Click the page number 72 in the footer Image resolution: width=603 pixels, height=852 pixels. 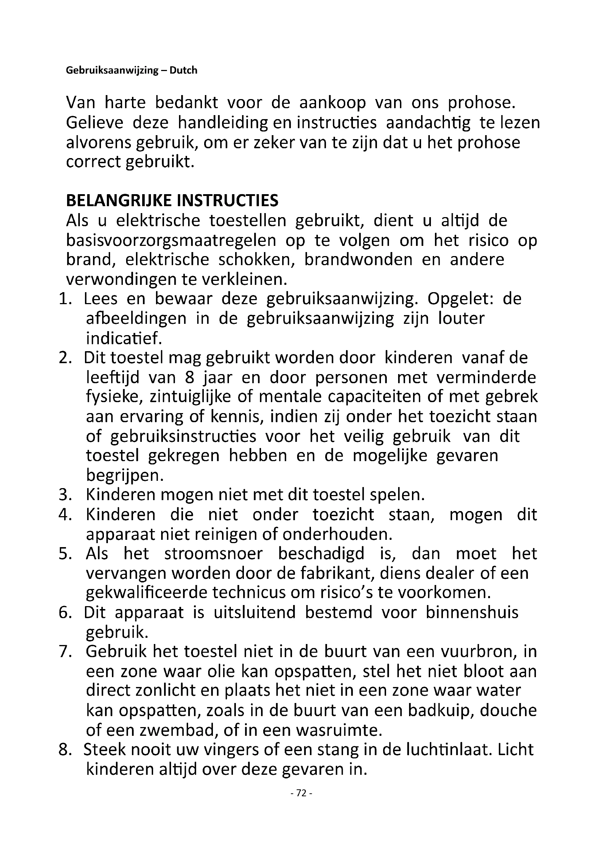tap(301, 793)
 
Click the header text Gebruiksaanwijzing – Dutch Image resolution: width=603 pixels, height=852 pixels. tap(132, 71)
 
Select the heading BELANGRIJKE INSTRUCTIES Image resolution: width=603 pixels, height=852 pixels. tap(172, 201)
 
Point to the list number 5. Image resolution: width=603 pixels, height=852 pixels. tap(65, 554)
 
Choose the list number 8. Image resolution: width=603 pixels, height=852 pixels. tap(65, 750)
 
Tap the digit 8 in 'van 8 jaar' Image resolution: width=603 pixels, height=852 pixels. tap(189, 378)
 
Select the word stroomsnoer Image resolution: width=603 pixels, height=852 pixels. tap(214, 554)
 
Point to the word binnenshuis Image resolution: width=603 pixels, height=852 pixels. tap(472, 613)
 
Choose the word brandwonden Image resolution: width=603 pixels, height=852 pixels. tap(358, 260)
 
